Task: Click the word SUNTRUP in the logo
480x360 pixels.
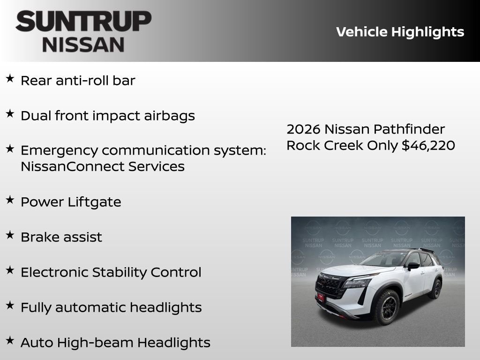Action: click(83, 22)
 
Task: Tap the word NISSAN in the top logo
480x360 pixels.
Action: click(83, 45)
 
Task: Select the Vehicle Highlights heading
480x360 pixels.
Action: click(400, 32)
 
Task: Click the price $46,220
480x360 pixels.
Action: click(428, 145)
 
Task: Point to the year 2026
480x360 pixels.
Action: click(303, 129)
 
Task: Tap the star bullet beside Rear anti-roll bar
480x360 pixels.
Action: click(10, 79)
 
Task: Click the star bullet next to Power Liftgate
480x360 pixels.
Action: click(10, 200)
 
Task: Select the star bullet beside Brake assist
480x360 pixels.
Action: click(10, 235)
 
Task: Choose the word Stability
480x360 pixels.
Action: click(120, 272)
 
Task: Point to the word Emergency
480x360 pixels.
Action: click(60, 151)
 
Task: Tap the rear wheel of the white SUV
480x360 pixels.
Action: click(435, 288)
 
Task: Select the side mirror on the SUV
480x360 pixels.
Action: click(412, 266)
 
